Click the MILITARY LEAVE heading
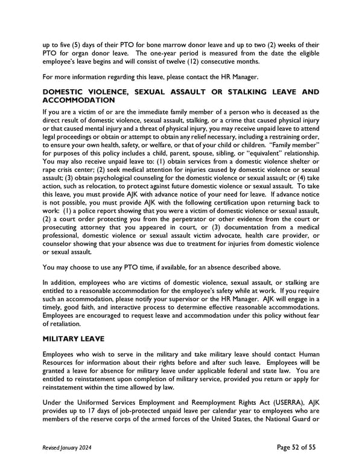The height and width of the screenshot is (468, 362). (75, 338)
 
